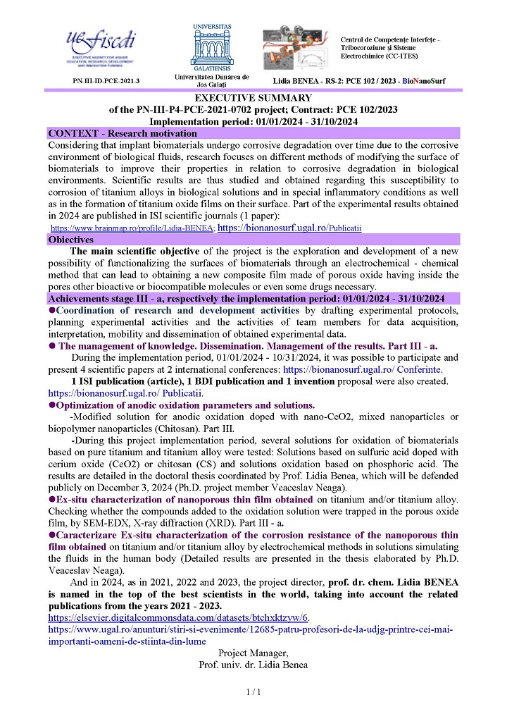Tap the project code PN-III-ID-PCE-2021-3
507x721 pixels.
[x=106, y=82]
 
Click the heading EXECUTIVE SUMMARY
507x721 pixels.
[x=254, y=98]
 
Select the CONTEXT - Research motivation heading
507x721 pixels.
[x=111, y=133]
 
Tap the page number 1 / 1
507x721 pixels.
[x=254, y=693]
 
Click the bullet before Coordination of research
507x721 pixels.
[x=51, y=311]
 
